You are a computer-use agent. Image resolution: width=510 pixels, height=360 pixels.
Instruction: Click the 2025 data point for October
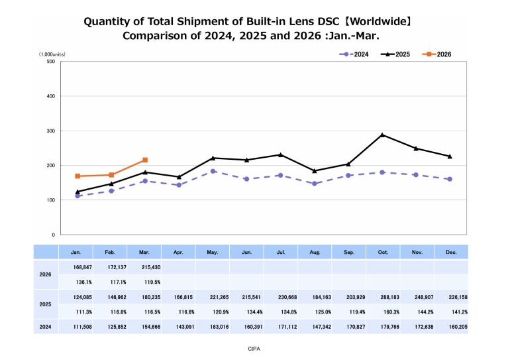click(x=382, y=135)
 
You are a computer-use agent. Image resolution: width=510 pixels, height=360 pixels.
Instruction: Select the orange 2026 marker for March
click(x=145, y=160)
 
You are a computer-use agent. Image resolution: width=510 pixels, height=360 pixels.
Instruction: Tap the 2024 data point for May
click(x=213, y=171)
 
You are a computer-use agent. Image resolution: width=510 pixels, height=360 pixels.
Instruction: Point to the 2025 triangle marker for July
click(x=281, y=155)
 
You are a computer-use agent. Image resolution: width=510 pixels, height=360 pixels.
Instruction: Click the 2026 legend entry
click(x=436, y=54)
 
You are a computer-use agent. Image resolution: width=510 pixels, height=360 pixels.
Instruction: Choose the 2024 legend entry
click(x=355, y=54)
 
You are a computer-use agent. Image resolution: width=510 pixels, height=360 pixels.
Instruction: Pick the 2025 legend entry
click(x=395, y=54)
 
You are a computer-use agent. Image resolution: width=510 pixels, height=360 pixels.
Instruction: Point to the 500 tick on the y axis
click(x=51, y=62)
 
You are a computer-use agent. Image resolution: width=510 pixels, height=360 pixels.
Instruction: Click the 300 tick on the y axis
click(x=51, y=131)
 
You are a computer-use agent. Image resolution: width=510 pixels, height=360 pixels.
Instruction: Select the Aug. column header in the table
click(x=315, y=252)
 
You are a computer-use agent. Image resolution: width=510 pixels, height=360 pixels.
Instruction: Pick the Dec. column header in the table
click(x=450, y=252)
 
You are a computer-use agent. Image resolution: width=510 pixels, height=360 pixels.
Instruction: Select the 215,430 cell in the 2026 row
click(x=145, y=267)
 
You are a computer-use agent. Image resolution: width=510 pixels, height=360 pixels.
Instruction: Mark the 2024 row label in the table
click(x=46, y=327)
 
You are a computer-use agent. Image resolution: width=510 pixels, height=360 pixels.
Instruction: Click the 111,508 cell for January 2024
click(x=77, y=327)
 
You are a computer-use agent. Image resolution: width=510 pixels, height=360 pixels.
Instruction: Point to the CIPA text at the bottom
click(x=255, y=347)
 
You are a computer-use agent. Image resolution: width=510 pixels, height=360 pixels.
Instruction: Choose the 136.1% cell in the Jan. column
click(x=77, y=282)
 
